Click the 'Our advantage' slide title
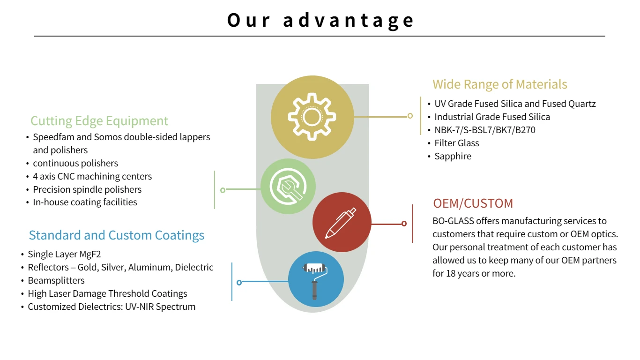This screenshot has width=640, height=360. pos(320,20)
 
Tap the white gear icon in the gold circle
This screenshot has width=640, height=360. pos(311,116)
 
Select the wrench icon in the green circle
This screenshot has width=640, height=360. pos(288,186)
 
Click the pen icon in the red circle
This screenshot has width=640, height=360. pos(341,223)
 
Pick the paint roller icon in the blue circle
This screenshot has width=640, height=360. pos(315,279)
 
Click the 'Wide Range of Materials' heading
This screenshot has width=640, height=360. pos(499,84)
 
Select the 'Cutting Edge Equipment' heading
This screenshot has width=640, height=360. pos(99,121)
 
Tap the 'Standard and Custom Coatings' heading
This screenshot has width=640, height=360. pos(117,235)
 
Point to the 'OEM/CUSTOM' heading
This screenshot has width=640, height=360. pos(473,203)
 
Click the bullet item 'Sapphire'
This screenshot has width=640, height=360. pos(453,156)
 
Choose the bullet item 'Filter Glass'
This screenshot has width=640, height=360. pos(456,143)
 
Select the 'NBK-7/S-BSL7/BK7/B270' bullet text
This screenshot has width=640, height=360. pos(484,130)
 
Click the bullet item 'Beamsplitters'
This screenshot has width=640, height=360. pos(56,280)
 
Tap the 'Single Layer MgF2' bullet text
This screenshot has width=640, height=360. pos(64,254)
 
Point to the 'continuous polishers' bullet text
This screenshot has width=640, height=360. pos(75,163)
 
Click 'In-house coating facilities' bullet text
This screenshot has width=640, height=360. pos(85,202)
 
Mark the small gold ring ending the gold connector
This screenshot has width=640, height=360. pos(410,116)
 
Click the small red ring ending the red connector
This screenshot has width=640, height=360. pos(404,224)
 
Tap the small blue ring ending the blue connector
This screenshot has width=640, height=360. pos(239,282)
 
